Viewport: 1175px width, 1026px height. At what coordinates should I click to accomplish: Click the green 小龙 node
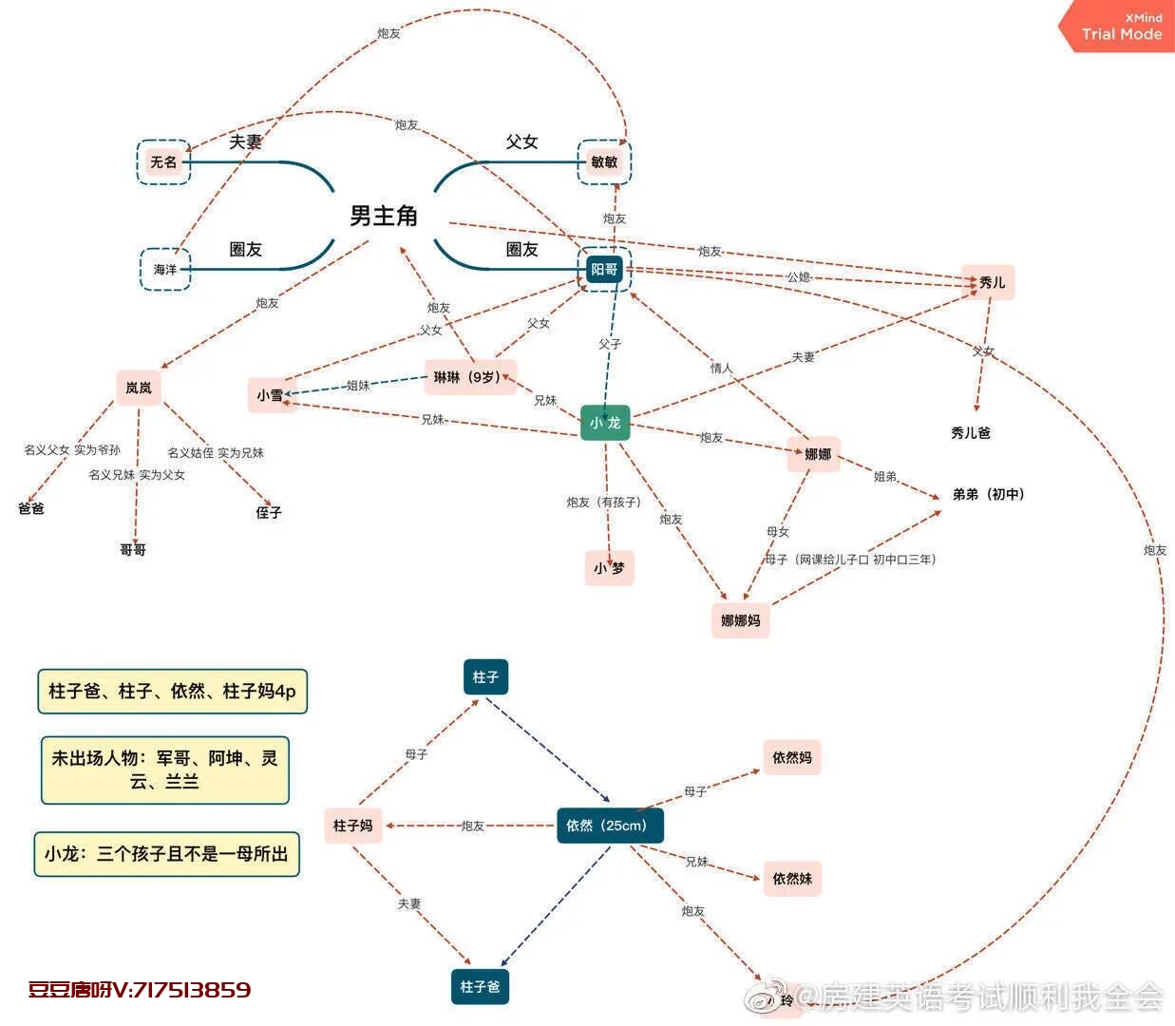point(605,423)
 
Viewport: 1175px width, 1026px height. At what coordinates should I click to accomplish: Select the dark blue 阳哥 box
point(604,270)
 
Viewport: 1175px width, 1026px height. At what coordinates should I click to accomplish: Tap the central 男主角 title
point(384,217)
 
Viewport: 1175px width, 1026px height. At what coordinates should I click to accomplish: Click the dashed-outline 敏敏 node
point(604,162)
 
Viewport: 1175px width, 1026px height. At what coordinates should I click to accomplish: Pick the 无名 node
point(163,162)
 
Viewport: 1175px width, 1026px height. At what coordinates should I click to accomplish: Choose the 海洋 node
point(165,270)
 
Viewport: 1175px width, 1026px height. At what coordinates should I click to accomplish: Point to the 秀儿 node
point(991,282)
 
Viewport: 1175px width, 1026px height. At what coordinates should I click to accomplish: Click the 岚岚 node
point(139,388)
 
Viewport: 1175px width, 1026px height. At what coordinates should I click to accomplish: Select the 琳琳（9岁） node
point(467,377)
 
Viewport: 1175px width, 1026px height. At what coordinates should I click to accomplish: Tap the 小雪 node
point(270,395)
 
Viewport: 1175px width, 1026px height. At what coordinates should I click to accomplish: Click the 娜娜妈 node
point(740,620)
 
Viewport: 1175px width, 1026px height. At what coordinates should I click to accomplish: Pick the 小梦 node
point(609,568)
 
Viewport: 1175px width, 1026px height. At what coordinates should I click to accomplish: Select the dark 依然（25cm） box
point(608,826)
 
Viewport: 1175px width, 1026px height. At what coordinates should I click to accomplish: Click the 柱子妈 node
point(352,826)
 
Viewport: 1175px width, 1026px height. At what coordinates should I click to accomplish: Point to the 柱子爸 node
point(480,987)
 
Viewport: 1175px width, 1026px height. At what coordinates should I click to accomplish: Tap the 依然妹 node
point(792,879)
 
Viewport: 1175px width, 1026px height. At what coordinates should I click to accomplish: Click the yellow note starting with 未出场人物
point(165,769)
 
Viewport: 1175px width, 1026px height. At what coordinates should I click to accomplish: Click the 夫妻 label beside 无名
point(245,142)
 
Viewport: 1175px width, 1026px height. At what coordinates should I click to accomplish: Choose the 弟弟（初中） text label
point(988,494)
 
